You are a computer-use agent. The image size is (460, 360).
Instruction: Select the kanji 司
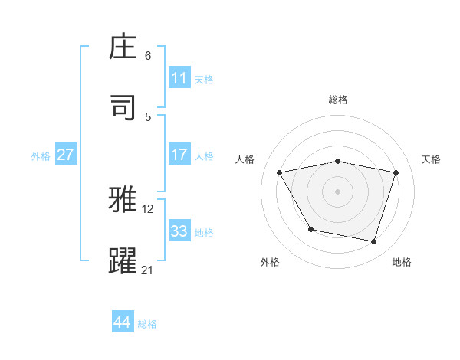(x=123, y=107)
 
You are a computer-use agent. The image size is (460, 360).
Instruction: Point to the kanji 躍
(x=123, y=260)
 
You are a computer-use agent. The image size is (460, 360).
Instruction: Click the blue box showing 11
(x=179, y=78)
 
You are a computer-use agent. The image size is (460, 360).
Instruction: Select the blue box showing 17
(x=179, y=155)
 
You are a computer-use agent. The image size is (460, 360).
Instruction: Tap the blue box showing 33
(x=179, y=231)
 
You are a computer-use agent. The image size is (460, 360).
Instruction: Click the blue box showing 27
(x=66, y=155)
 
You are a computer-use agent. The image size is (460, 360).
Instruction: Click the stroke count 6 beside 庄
(x=148, y=56)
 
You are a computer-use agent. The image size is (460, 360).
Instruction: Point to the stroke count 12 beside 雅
(x=149, y=208)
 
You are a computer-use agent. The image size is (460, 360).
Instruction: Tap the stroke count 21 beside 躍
(x=148, y=270)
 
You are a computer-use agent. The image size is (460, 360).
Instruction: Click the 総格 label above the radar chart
(x=338, y=100)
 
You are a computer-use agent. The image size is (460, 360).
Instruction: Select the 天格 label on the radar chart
(x=431, y=159)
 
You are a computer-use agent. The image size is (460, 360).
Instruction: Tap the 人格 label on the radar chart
(x=245, y=159)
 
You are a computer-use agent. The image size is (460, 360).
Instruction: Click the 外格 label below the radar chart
(x=270, y=263)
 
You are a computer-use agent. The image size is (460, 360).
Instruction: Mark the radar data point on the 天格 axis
(x=396, y=172)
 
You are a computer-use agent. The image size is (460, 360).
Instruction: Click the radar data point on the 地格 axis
(x=374, y=242)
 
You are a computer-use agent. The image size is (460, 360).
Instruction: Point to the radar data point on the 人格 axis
(x=280, y=172)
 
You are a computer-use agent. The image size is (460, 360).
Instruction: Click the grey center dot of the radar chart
(x=338, y=191)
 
